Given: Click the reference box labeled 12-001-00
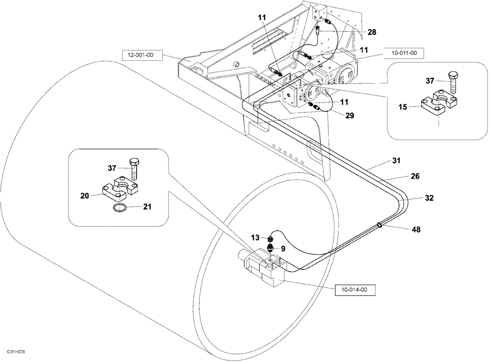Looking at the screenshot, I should point(141,55).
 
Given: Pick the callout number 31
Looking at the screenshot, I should point(396,160).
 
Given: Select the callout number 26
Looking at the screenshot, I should point(415,176).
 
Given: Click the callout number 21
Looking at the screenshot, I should point(147,207).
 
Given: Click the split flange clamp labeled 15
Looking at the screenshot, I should point(439,104).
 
